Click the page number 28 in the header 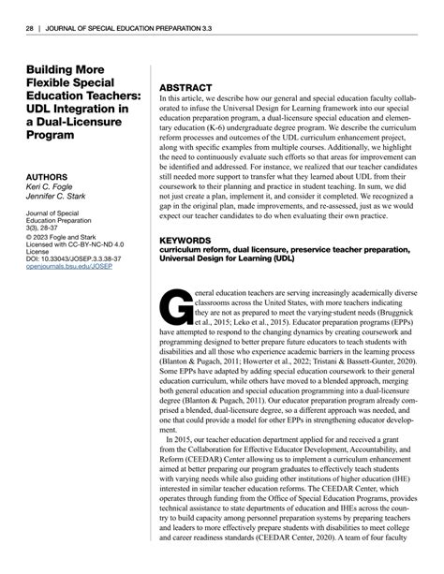(x=30, y=30)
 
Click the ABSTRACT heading (x=188, y=84)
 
